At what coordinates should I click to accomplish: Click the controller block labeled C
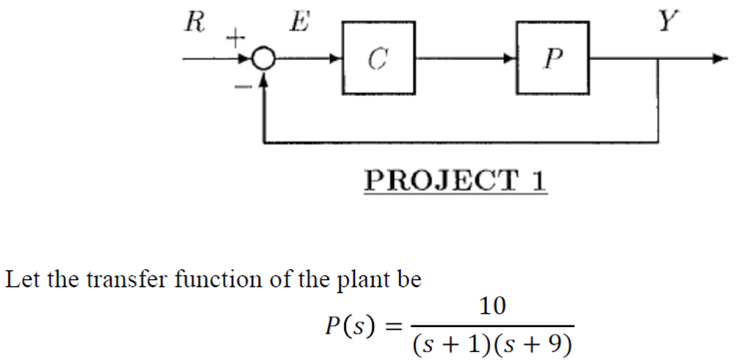point(378,58)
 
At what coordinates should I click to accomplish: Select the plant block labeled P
point(552,58)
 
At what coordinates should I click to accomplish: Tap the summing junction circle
point(263,59)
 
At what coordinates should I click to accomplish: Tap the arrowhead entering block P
point(510,59)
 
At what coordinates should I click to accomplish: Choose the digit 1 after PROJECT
point(538,180)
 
